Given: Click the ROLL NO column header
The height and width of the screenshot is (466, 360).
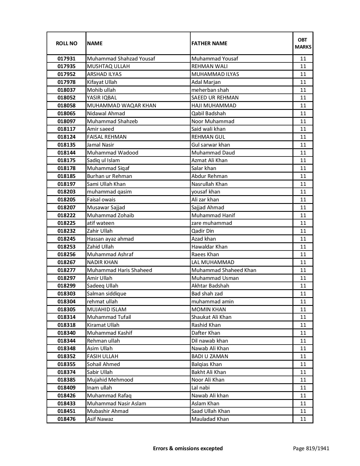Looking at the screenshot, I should point(66,43).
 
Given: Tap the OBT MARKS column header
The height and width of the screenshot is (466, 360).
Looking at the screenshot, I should point(303,43).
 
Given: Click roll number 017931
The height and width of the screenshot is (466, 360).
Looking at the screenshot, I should point(66,59).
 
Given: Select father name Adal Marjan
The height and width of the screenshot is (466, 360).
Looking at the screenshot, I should point(206,82).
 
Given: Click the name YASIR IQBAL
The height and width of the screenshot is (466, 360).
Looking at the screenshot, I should point(102,98).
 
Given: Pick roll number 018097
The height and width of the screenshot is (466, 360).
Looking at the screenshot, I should point(66,121).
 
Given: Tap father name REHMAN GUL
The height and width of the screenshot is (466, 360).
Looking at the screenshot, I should point(208,137).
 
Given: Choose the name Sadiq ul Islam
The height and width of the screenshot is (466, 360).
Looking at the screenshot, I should point(103,160).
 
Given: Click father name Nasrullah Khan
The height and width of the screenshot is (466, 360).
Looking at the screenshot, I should point(209,184).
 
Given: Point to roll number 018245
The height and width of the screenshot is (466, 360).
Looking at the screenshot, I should point(66,239).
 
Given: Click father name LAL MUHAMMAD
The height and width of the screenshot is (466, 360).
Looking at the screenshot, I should point(213,262).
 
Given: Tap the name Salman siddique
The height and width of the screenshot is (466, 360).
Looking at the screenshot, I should point(107,294).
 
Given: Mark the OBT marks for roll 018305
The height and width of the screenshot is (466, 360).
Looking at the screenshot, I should point(303,310).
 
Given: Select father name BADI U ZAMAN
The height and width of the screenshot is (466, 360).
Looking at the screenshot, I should point(210,356).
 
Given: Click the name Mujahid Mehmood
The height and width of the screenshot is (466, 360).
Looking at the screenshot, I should point(110,380).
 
